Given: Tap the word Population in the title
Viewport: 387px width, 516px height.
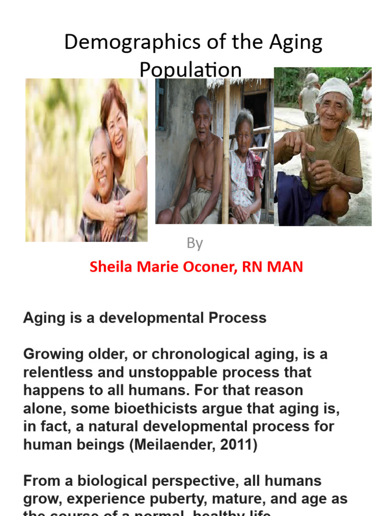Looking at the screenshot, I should pos(190,70).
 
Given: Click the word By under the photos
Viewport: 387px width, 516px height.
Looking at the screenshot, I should pos(195,243).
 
